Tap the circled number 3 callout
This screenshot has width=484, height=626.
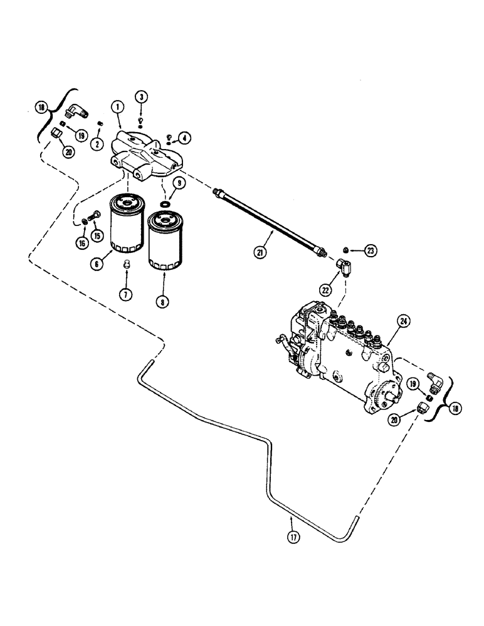pos(142,98)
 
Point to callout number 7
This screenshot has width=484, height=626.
pos(126,293)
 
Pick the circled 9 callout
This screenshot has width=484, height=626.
pos(179,183)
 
